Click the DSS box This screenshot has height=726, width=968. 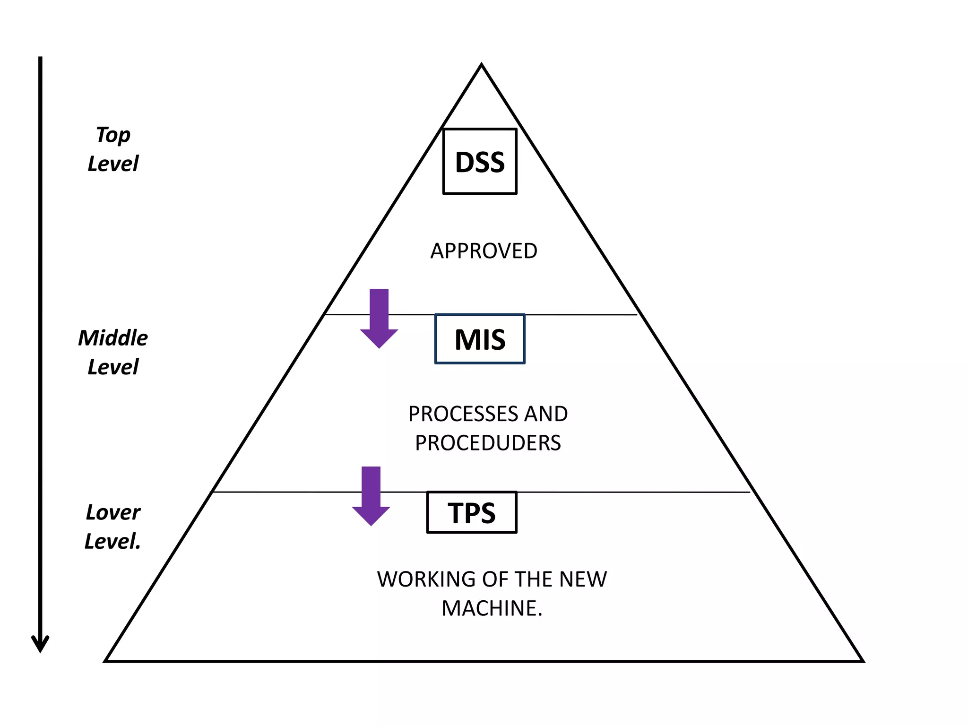[480, 161]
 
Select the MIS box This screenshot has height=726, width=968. [480, 339]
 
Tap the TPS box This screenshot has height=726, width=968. [472, 512]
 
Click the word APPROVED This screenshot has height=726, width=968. [484, 251]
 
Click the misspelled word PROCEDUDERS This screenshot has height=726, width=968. [488, 443]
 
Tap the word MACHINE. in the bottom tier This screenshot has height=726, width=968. [492, 608]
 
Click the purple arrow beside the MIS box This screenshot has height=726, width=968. [379, 319]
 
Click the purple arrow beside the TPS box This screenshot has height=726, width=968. [371, 496]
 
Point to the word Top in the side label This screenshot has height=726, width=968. [113, 136]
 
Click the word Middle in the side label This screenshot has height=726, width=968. [113, 338]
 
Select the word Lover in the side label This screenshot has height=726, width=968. [113, 512]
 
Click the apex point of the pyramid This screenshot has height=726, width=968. [481, 65]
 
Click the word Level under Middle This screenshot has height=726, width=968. [113, 367]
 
